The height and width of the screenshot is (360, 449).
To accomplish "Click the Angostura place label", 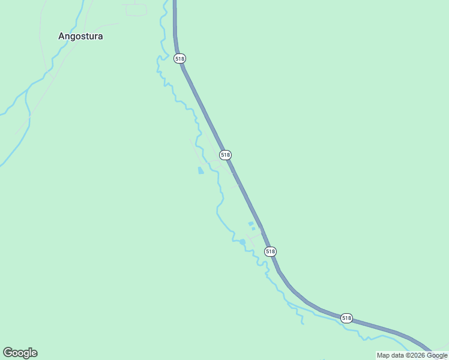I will pyautogui.click(x=80, y=36).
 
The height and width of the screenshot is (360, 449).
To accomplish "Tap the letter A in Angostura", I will pyautogui.click(x=61, y=36).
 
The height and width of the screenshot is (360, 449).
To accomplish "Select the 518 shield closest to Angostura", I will pyautogui.click(x=180, y=58).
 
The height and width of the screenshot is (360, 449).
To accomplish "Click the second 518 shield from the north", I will pyautogui.click(x=225, y=155).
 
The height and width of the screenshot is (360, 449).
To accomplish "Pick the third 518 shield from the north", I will pyautogui.click(x=270, y=251).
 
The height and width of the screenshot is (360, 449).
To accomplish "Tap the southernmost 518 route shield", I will pyautogui.click(x=346, y=317).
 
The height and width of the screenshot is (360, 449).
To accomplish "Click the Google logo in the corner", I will pyautogui.click(x=20, y=353).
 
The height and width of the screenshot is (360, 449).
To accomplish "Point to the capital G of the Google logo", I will pyautogui.click(x=7, y=353).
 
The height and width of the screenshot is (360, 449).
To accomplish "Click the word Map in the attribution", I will pyautogui.click(x=383, y=356).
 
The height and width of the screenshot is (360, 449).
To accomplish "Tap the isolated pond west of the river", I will pyautogui.click(x=200, y=170).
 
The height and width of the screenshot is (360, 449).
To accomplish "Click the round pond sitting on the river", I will pyautogui.click(x=242, y=242).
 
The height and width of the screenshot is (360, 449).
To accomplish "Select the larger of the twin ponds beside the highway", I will pyautogui.click(x=251, y=224).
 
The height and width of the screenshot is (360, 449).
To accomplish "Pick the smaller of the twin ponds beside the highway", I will pyautogui.click(x=254, y=229).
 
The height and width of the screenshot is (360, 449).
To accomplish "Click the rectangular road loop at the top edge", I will pyautogui.click(x=136, y=10).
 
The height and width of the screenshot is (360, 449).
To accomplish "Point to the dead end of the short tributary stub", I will pyautogui.click(x=303, y=323).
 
